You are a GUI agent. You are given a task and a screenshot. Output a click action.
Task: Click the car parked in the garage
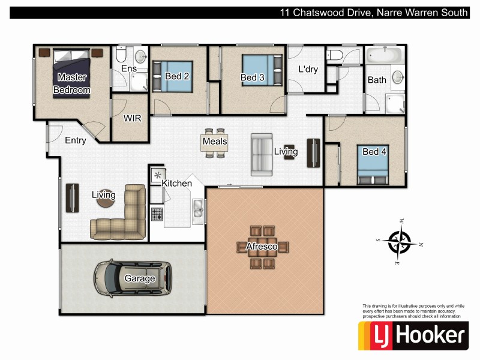tap(133, 278)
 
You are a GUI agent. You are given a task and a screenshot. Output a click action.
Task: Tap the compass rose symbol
tap(398, 242)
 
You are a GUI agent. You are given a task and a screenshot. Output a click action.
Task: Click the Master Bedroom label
tap(71, 84)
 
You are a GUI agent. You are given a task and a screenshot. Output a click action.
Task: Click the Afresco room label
tap(262, 247)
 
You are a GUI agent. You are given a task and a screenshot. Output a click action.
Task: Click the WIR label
tap(132, 118)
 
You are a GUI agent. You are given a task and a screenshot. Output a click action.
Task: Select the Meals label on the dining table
tap(215, 141)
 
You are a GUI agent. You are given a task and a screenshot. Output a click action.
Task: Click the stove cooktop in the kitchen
tap(157, 214)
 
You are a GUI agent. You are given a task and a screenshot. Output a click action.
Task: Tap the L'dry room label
tap(308, 69)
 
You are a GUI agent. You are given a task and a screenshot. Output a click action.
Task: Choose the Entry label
tap(76, 141)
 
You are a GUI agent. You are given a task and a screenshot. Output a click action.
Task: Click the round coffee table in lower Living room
tap(106, 200)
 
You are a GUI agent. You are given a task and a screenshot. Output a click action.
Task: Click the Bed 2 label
tap(177, 76)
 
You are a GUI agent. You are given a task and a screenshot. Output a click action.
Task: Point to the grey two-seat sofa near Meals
tap(262, 154)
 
